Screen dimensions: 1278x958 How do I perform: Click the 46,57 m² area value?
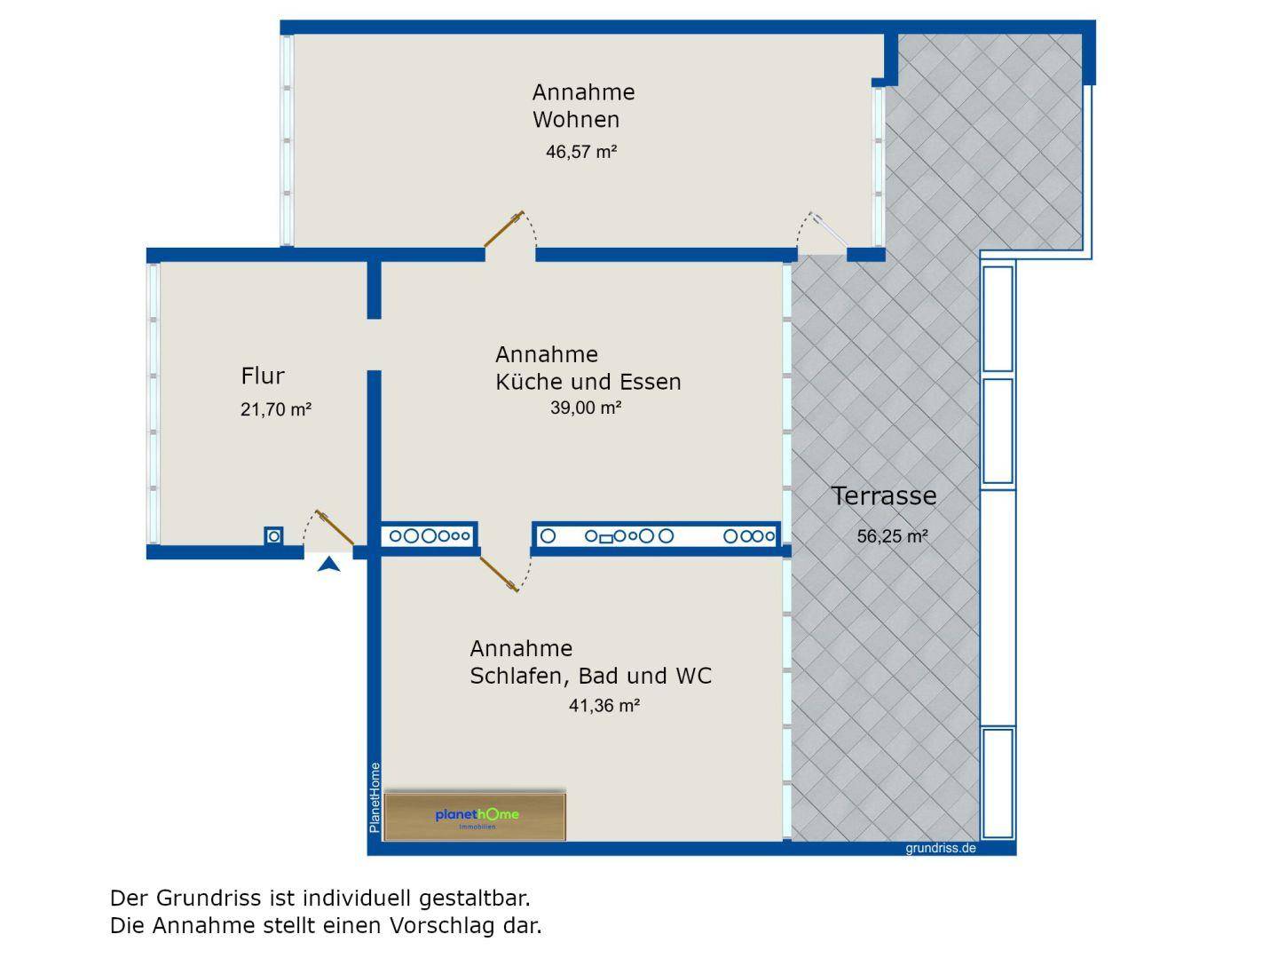[581, 152]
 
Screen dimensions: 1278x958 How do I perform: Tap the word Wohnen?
[576, 120]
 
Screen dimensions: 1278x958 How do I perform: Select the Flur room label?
[263, 376]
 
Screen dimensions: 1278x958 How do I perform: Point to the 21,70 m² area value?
[275, 410]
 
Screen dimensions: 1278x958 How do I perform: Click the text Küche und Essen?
[588, 383]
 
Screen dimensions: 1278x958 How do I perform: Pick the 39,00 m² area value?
[586, 408]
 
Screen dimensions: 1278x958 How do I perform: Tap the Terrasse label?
[883, 496]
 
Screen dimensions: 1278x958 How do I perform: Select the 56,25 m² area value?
[892, 536]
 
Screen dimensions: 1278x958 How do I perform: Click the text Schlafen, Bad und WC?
[590, 677]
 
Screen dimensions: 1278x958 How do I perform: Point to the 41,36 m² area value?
[604, 706]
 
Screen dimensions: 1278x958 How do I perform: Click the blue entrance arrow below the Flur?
[329, 564]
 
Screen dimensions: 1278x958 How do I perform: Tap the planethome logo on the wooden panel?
[477, 816]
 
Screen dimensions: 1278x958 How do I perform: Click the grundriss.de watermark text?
[940, 848]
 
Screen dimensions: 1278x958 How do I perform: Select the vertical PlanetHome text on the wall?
[375, 797]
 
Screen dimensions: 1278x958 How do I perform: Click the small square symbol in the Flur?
[274, 536]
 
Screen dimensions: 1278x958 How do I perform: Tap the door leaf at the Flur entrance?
[335, 529]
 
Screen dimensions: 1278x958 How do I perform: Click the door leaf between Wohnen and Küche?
[503, 229]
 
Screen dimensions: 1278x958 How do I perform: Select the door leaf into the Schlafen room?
[499, 573]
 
